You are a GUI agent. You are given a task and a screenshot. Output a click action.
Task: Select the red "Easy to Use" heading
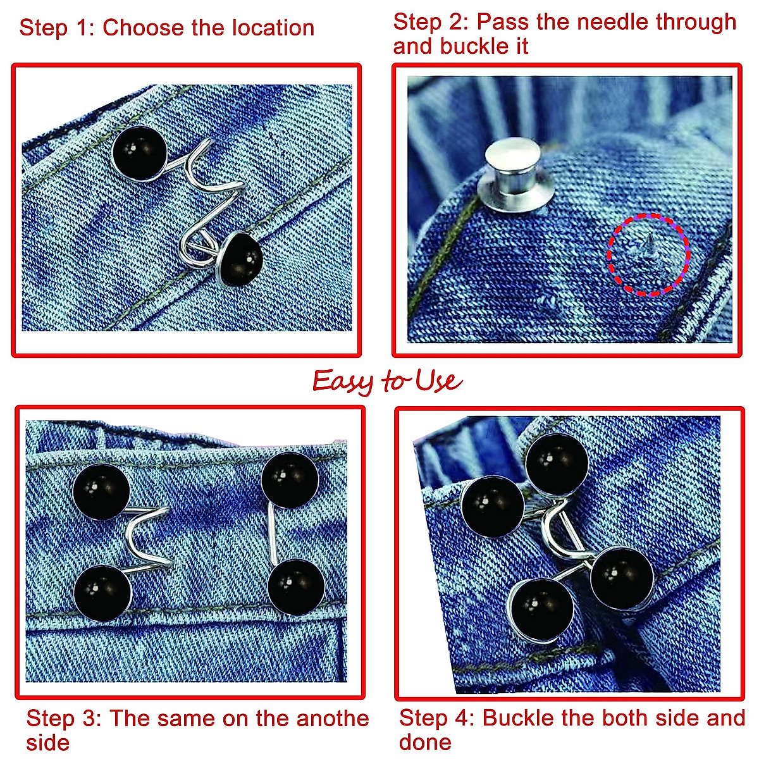pyautogui.click(x=387, y=381)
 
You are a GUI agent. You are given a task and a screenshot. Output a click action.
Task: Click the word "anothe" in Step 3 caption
pyautogui.click(x=333, y=719)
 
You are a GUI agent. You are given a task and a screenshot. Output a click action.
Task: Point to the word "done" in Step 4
pyautogui.click(x=425, y=743)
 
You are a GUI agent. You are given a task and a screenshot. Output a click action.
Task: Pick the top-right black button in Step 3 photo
pyautogui.click(x=290, y=480)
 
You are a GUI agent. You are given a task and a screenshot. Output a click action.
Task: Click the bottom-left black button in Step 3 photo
pyautogui.click(x=102, y=593)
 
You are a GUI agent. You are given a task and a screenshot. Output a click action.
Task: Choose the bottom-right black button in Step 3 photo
pyautogui.click(x=295, y=587)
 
